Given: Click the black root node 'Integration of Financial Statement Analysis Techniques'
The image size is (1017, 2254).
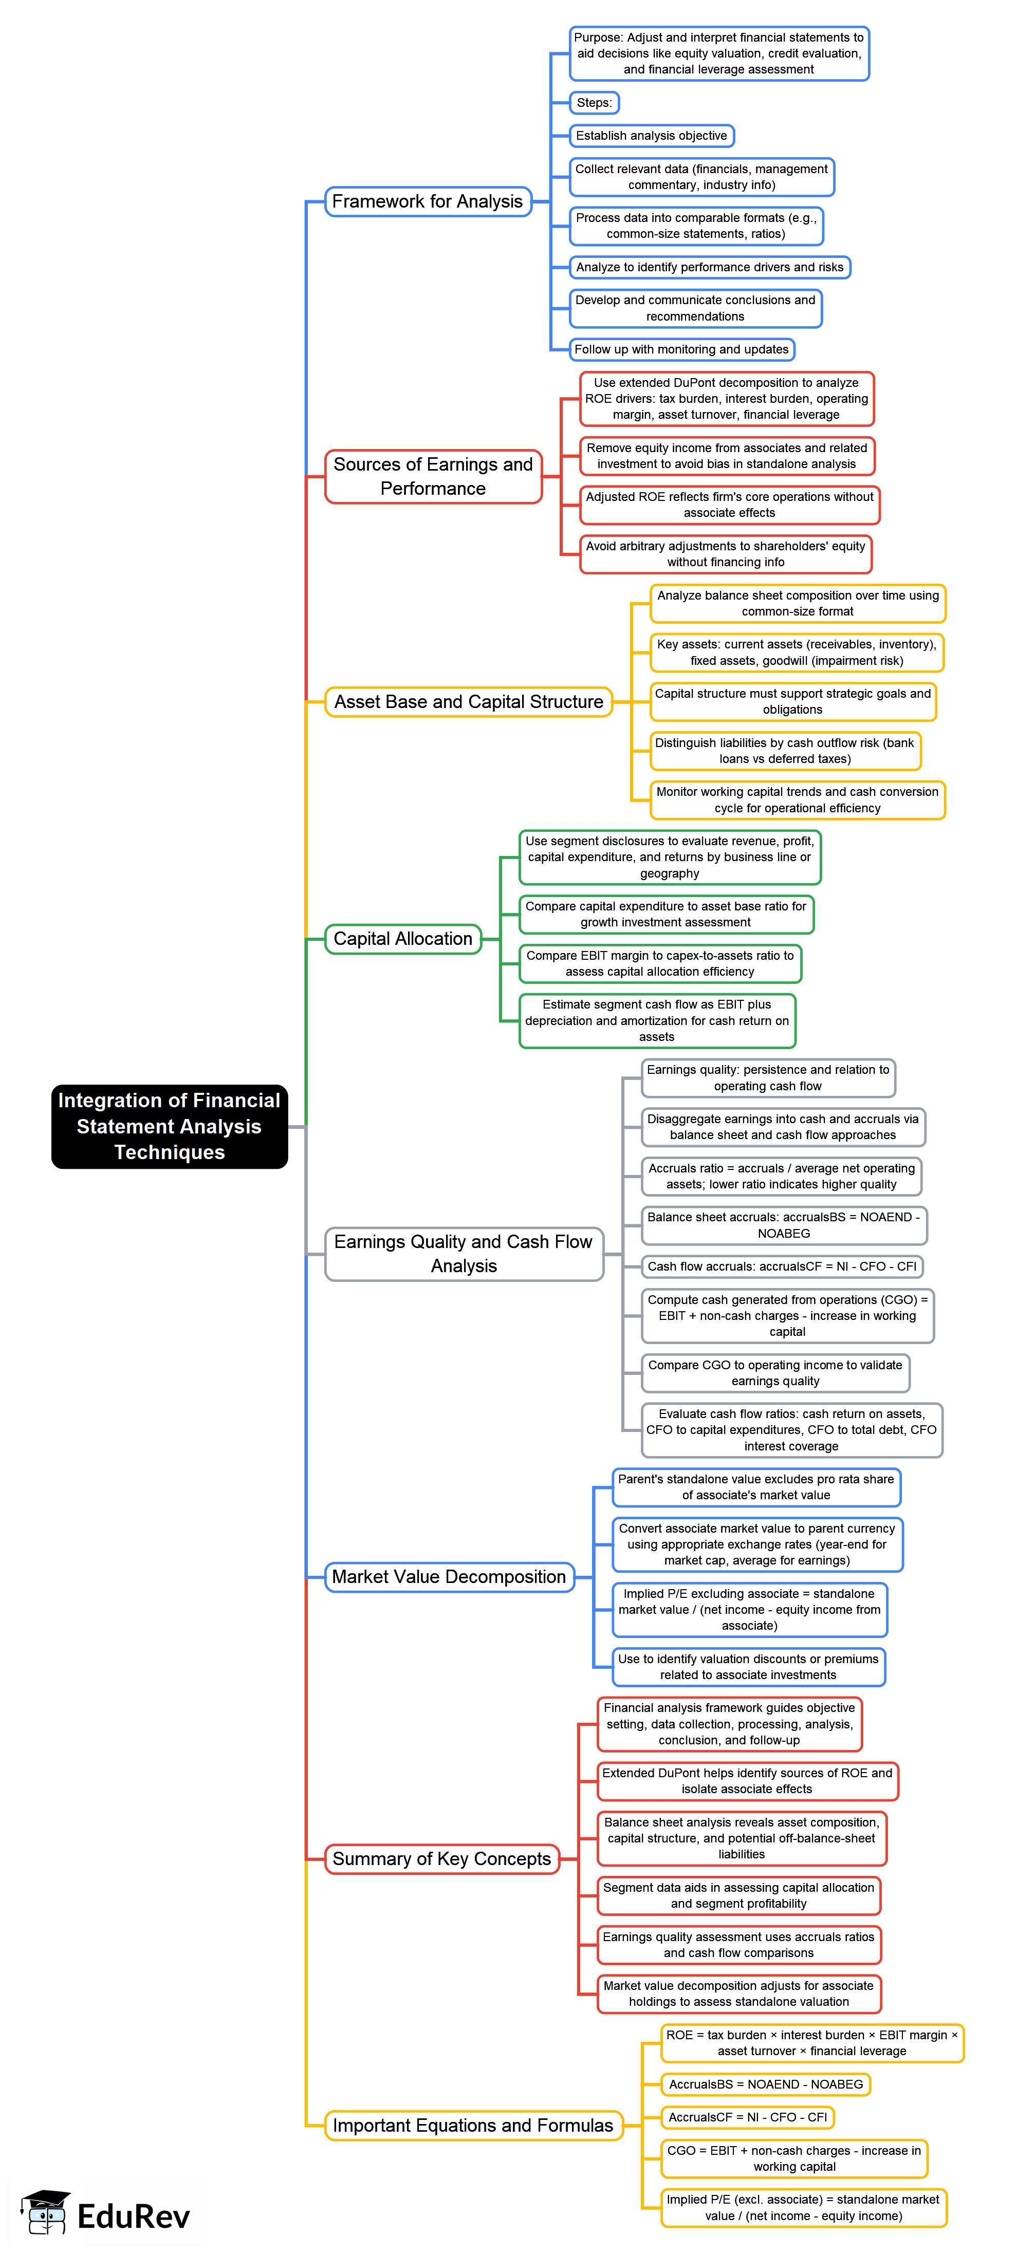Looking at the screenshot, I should coord(169,1126).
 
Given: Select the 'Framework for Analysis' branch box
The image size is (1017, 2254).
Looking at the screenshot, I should coord(427,201).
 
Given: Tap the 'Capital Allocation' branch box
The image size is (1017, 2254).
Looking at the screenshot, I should coord(402,939).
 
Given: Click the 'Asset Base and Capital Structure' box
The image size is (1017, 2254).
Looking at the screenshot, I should coord(468,702).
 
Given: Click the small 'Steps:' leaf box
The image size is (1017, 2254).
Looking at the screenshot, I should coord(594,102).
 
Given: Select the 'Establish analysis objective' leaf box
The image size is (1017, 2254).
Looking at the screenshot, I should coord(651,136).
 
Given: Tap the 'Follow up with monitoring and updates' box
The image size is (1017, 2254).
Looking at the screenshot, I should coord(681,349).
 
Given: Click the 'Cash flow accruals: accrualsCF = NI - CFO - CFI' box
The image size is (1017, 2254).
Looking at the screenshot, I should coord(782,1266).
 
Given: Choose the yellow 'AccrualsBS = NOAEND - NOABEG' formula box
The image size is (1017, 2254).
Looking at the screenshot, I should coord(766,2084).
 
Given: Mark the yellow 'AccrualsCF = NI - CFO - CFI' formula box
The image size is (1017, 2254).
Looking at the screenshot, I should coord(747,2117).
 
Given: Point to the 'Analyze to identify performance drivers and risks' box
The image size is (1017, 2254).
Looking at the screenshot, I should coord(709,267).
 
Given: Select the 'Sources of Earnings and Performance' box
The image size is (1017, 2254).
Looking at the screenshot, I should coord(433,476).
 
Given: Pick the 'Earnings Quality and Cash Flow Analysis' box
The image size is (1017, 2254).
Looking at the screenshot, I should coord(464,1254).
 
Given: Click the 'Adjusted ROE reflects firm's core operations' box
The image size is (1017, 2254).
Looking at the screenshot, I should coord(729,505).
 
